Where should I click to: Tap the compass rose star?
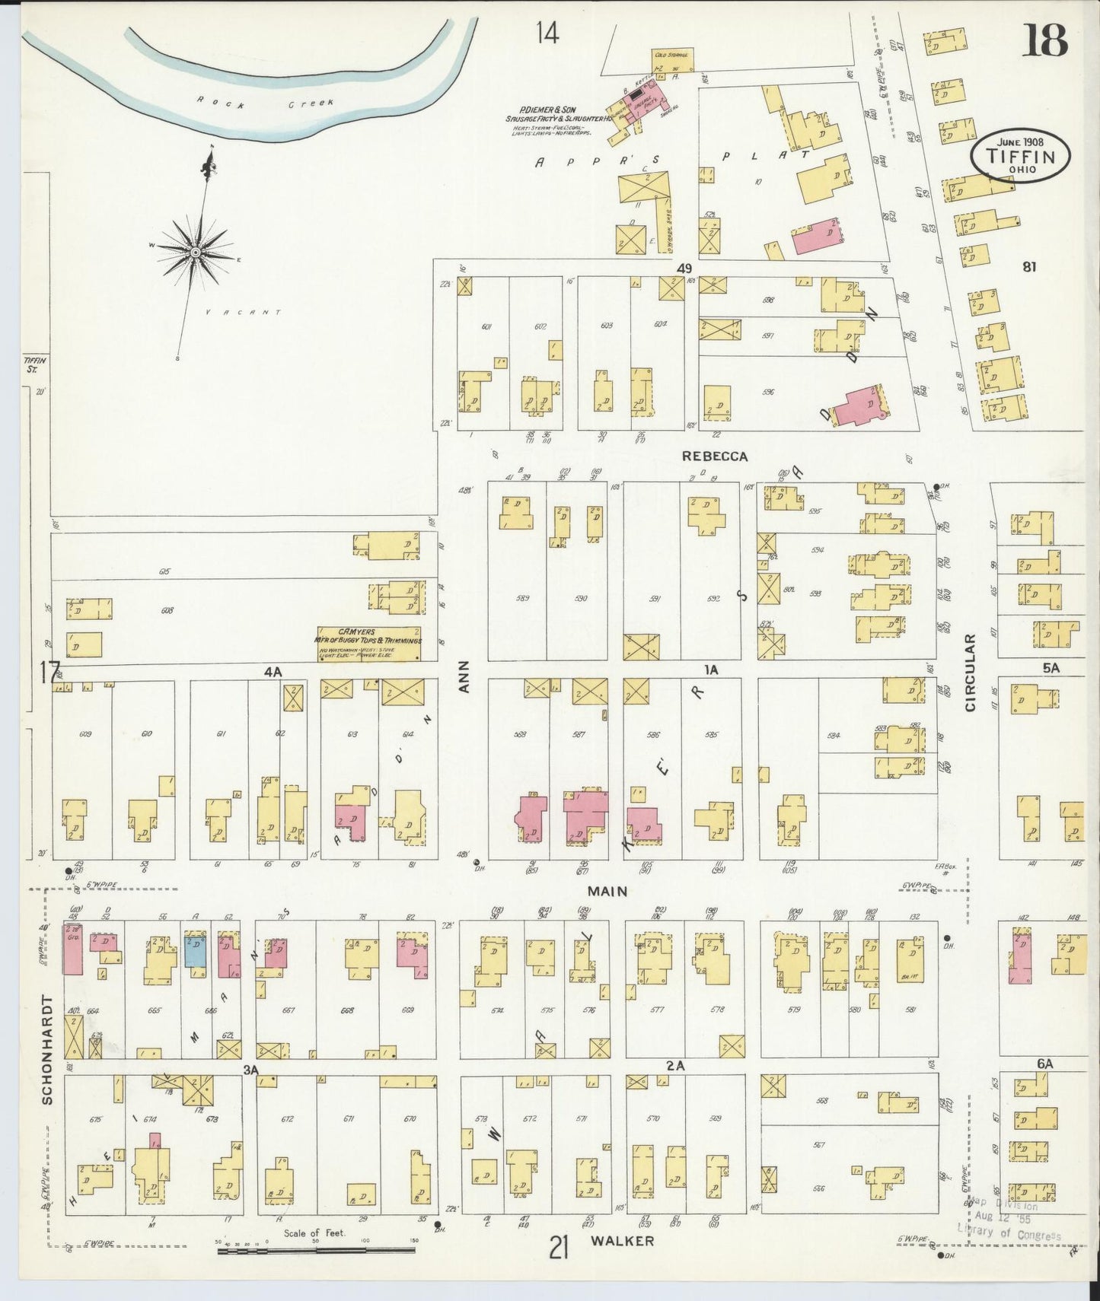click(196, 252)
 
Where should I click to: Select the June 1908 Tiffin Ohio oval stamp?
click(1019, 154)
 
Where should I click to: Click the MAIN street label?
click(606, 890)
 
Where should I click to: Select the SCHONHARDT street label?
click(47, 1049)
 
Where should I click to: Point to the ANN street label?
click(465, 675)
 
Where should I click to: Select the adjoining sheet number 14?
click(547, 33)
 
